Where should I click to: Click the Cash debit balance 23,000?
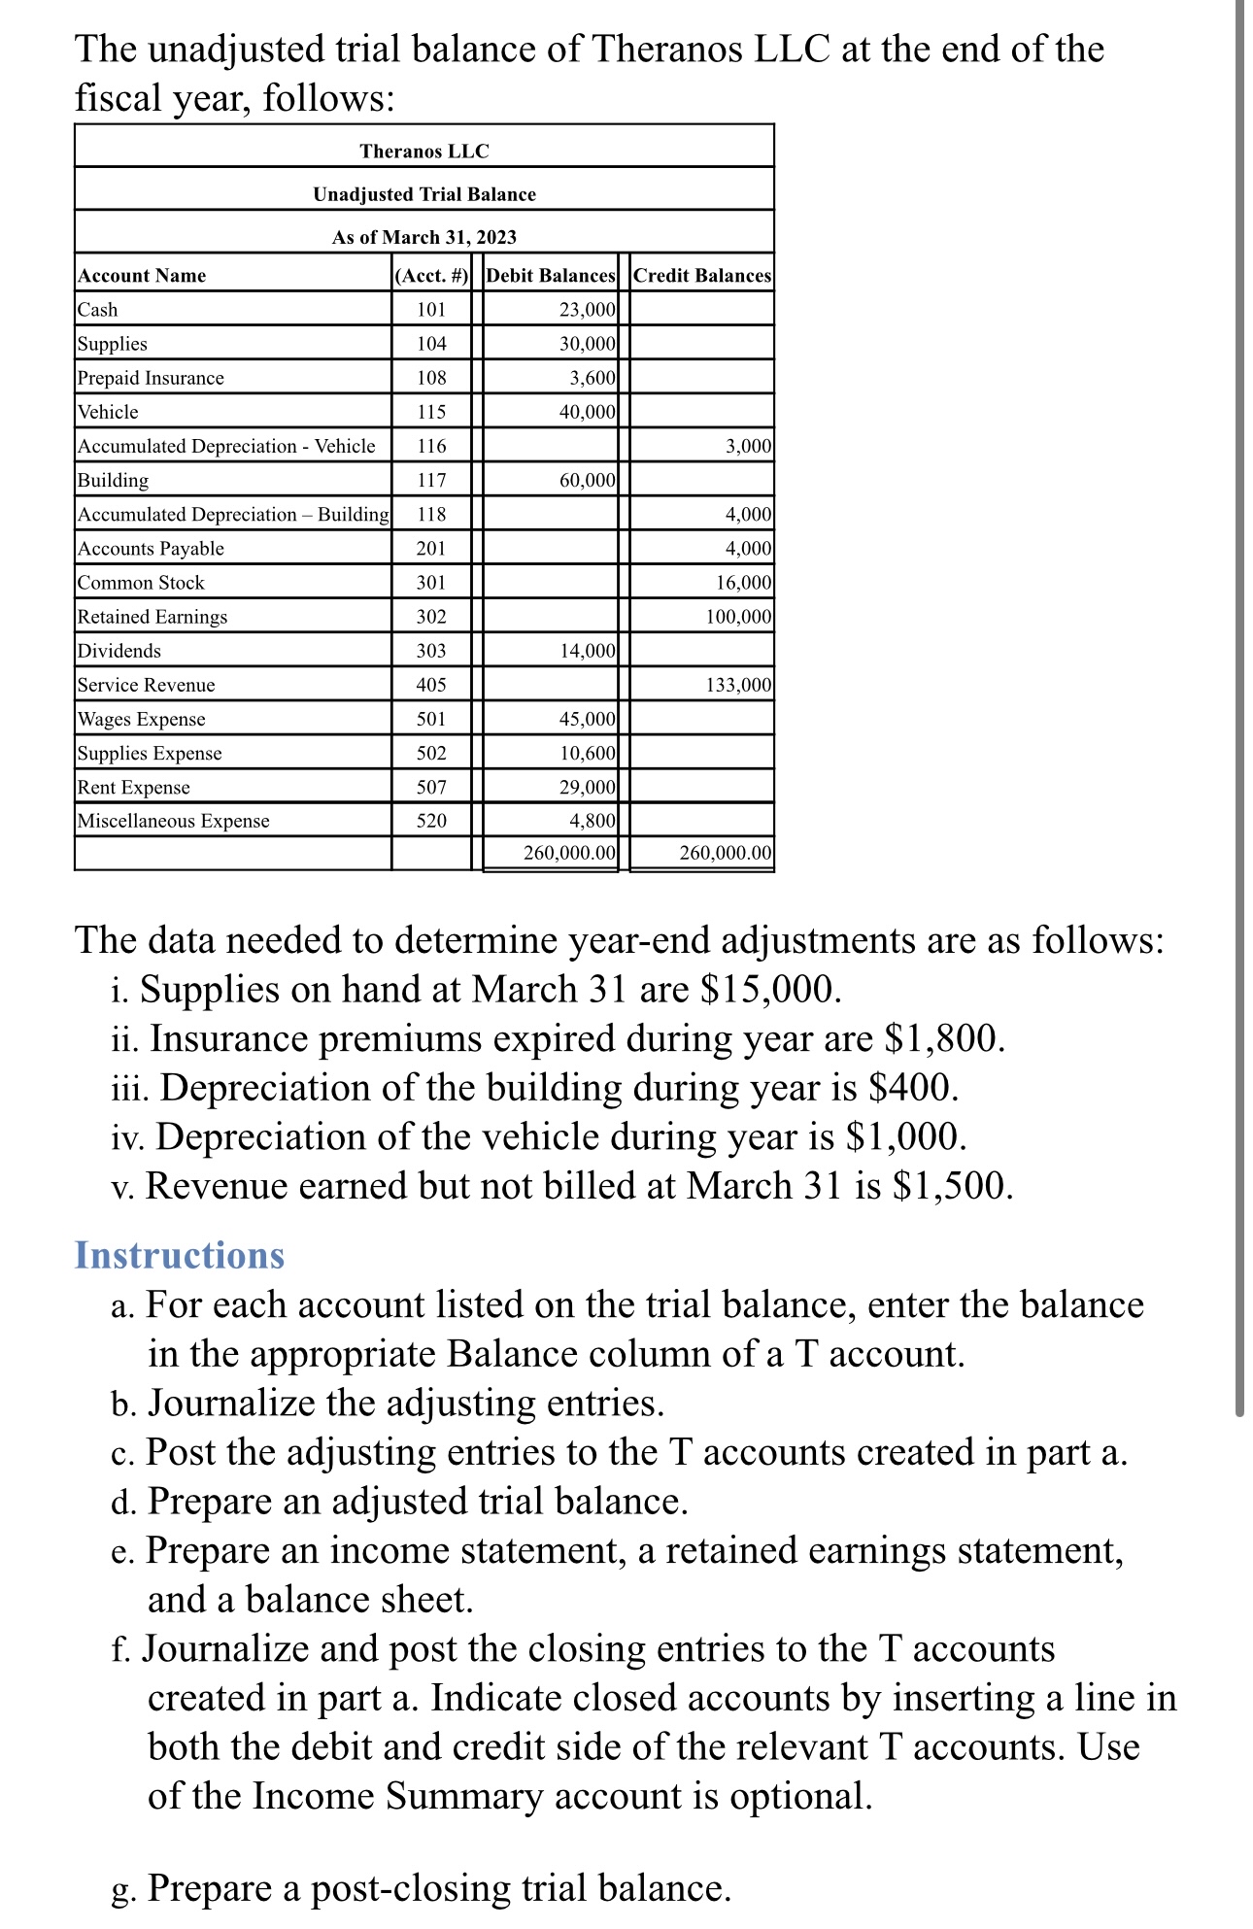pyautogui.click(x=587, y=310)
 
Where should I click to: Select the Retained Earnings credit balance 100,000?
pyautogui.click(x=738, y=617)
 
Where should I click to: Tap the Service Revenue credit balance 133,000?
pyautogui.click(x=738, y=685)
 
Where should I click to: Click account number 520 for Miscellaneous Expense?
pyautogui.click(x=431, y=821)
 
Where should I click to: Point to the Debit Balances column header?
pyautogui.click(x=551, y=276)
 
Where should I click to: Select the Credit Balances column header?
pyautogui.click(x=702, y=276)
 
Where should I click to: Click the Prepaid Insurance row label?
pyautogui.click(x=151, y=378)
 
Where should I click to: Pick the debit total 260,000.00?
pyautogui.click(x=569, y=853)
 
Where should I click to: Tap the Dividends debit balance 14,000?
pyautogui.click(x=587, y=651)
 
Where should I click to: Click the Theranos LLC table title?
pyautogui.click(x=424, y=151)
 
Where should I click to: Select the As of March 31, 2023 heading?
pyautogui.click(x=424, y=237)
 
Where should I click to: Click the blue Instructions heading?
pyautogui.click(x=180, y=1255)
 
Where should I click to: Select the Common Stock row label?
pyautogui.click(x=141, y=583)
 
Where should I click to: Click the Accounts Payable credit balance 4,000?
pyautogui.click(x=748, y=549)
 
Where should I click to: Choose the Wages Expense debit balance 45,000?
pyautogui.click(x=587, y=719)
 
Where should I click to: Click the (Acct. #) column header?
pyautogui.click(x=431, y=276)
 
